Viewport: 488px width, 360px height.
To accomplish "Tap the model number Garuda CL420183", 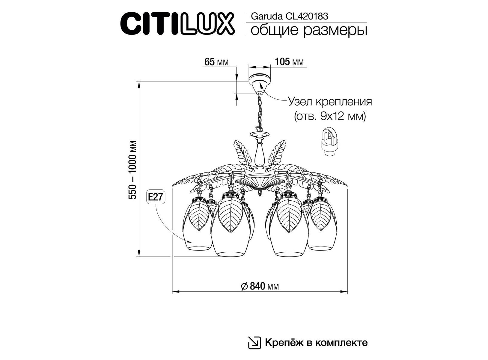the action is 290,16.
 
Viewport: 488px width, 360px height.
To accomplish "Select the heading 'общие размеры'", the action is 309,30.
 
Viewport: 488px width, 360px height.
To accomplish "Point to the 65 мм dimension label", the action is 216,62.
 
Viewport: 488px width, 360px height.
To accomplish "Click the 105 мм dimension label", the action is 289,62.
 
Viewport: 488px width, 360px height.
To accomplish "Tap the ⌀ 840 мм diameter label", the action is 260,286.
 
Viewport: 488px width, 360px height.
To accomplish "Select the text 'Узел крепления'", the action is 330,102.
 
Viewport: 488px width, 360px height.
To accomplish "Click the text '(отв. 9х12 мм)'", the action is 330,117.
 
